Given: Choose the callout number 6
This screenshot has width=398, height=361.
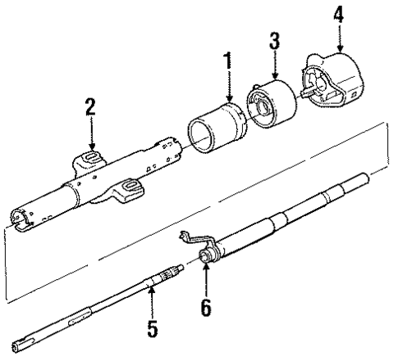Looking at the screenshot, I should pos(205,307).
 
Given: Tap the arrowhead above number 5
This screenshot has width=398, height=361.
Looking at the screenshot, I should pos(153,287).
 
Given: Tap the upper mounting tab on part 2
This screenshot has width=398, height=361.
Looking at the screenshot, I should pos(91,157).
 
